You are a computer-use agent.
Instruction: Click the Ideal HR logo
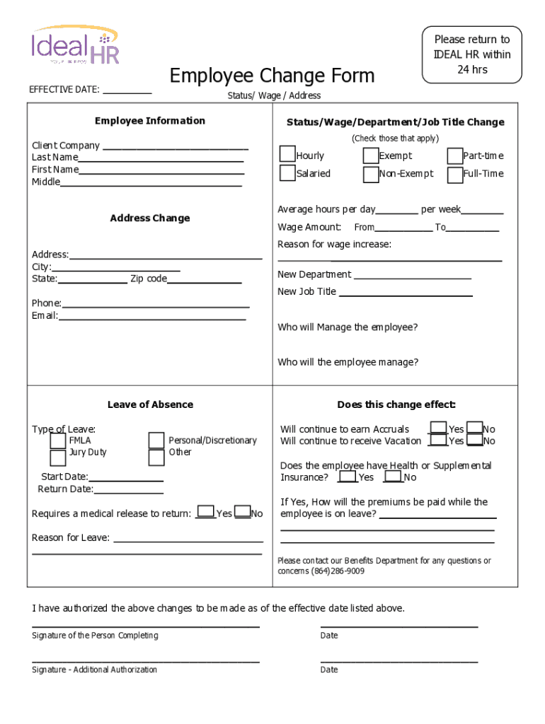point(74,46)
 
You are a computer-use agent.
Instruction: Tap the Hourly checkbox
point(287,155)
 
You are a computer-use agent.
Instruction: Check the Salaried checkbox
point(287,173)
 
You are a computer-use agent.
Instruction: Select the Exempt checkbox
point(371,156)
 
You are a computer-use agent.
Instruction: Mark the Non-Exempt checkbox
point(371,174)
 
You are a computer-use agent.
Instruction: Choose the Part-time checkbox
point(454,156)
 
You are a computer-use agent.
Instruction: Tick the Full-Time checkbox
point(454,174)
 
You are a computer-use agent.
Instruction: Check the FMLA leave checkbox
point(58,440)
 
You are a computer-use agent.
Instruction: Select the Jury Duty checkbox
point(58,457)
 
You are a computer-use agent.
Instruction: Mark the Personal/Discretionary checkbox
point(156,440)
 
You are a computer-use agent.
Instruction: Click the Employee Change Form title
point(272,75)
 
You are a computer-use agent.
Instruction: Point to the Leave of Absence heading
point(150,404)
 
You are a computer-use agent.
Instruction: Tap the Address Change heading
point(150,218)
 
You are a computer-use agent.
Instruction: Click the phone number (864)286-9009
point(338,571)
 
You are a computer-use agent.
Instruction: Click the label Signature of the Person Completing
point(95,636)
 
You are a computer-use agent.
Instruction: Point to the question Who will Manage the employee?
point(348,327)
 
